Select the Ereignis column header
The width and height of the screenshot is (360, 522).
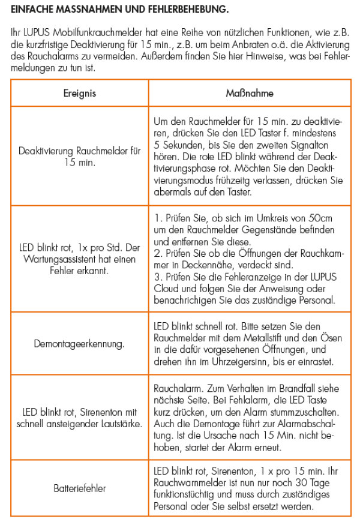coord(80,94)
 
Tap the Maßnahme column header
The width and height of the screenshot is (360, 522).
coord(250,94)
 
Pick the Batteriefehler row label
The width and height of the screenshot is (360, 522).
coord(80,488)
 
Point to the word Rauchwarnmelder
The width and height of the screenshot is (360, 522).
coord(187,483)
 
